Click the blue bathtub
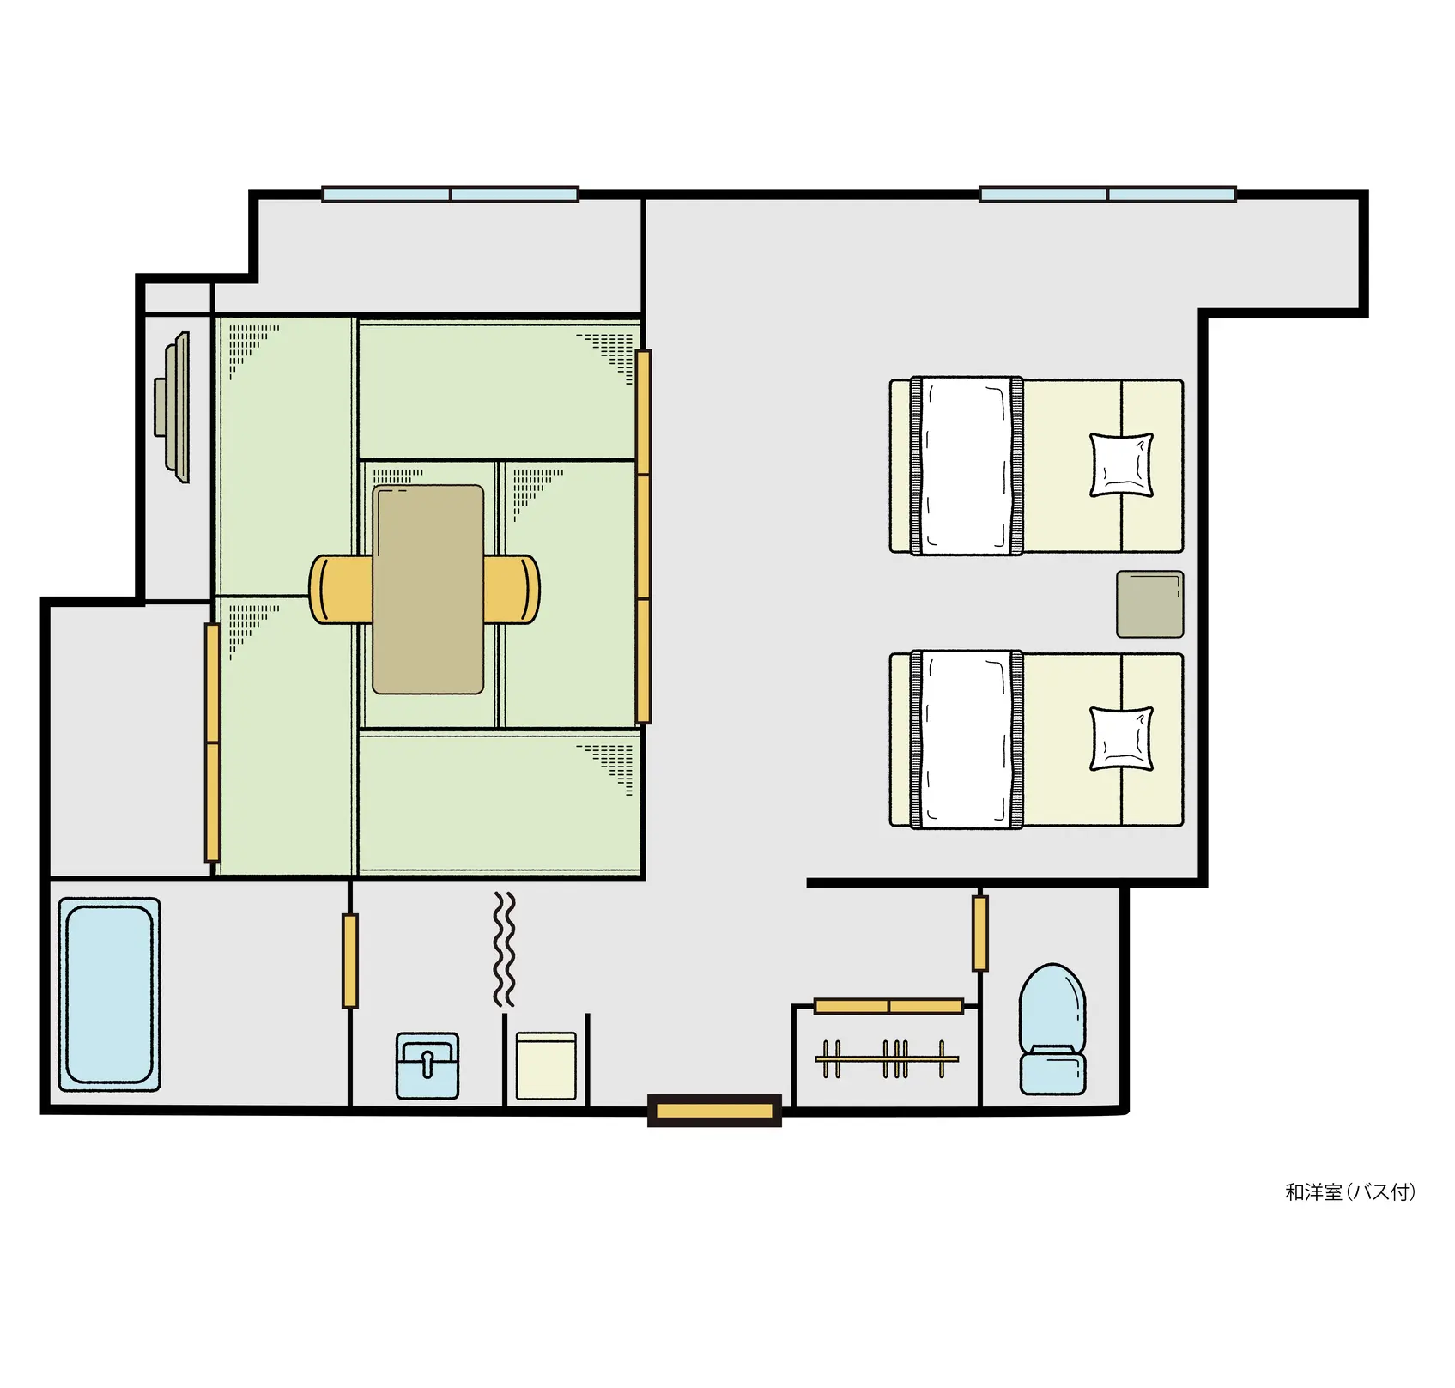point(109,995)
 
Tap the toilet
point(1052,1029)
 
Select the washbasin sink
point(427,1065)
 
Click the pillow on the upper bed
point(1121,465)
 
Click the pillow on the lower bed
point(1121,739)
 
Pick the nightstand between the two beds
point(1150,604)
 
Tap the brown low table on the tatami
point(428,589)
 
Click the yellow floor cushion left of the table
point(341,589)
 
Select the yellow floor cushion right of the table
point(512,589)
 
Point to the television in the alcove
point(173,408)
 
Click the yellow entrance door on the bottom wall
point(714,1111)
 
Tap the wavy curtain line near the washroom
point(505,949)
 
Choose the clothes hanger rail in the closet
point(887,1059)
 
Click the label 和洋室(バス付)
point(1350,1191)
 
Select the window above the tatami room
point(450,194)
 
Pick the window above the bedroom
point(1107,194)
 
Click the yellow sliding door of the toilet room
point(979,933)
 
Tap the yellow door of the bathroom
point(350,961)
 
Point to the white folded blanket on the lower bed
point(967,739)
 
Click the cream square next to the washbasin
point(546,1065)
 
